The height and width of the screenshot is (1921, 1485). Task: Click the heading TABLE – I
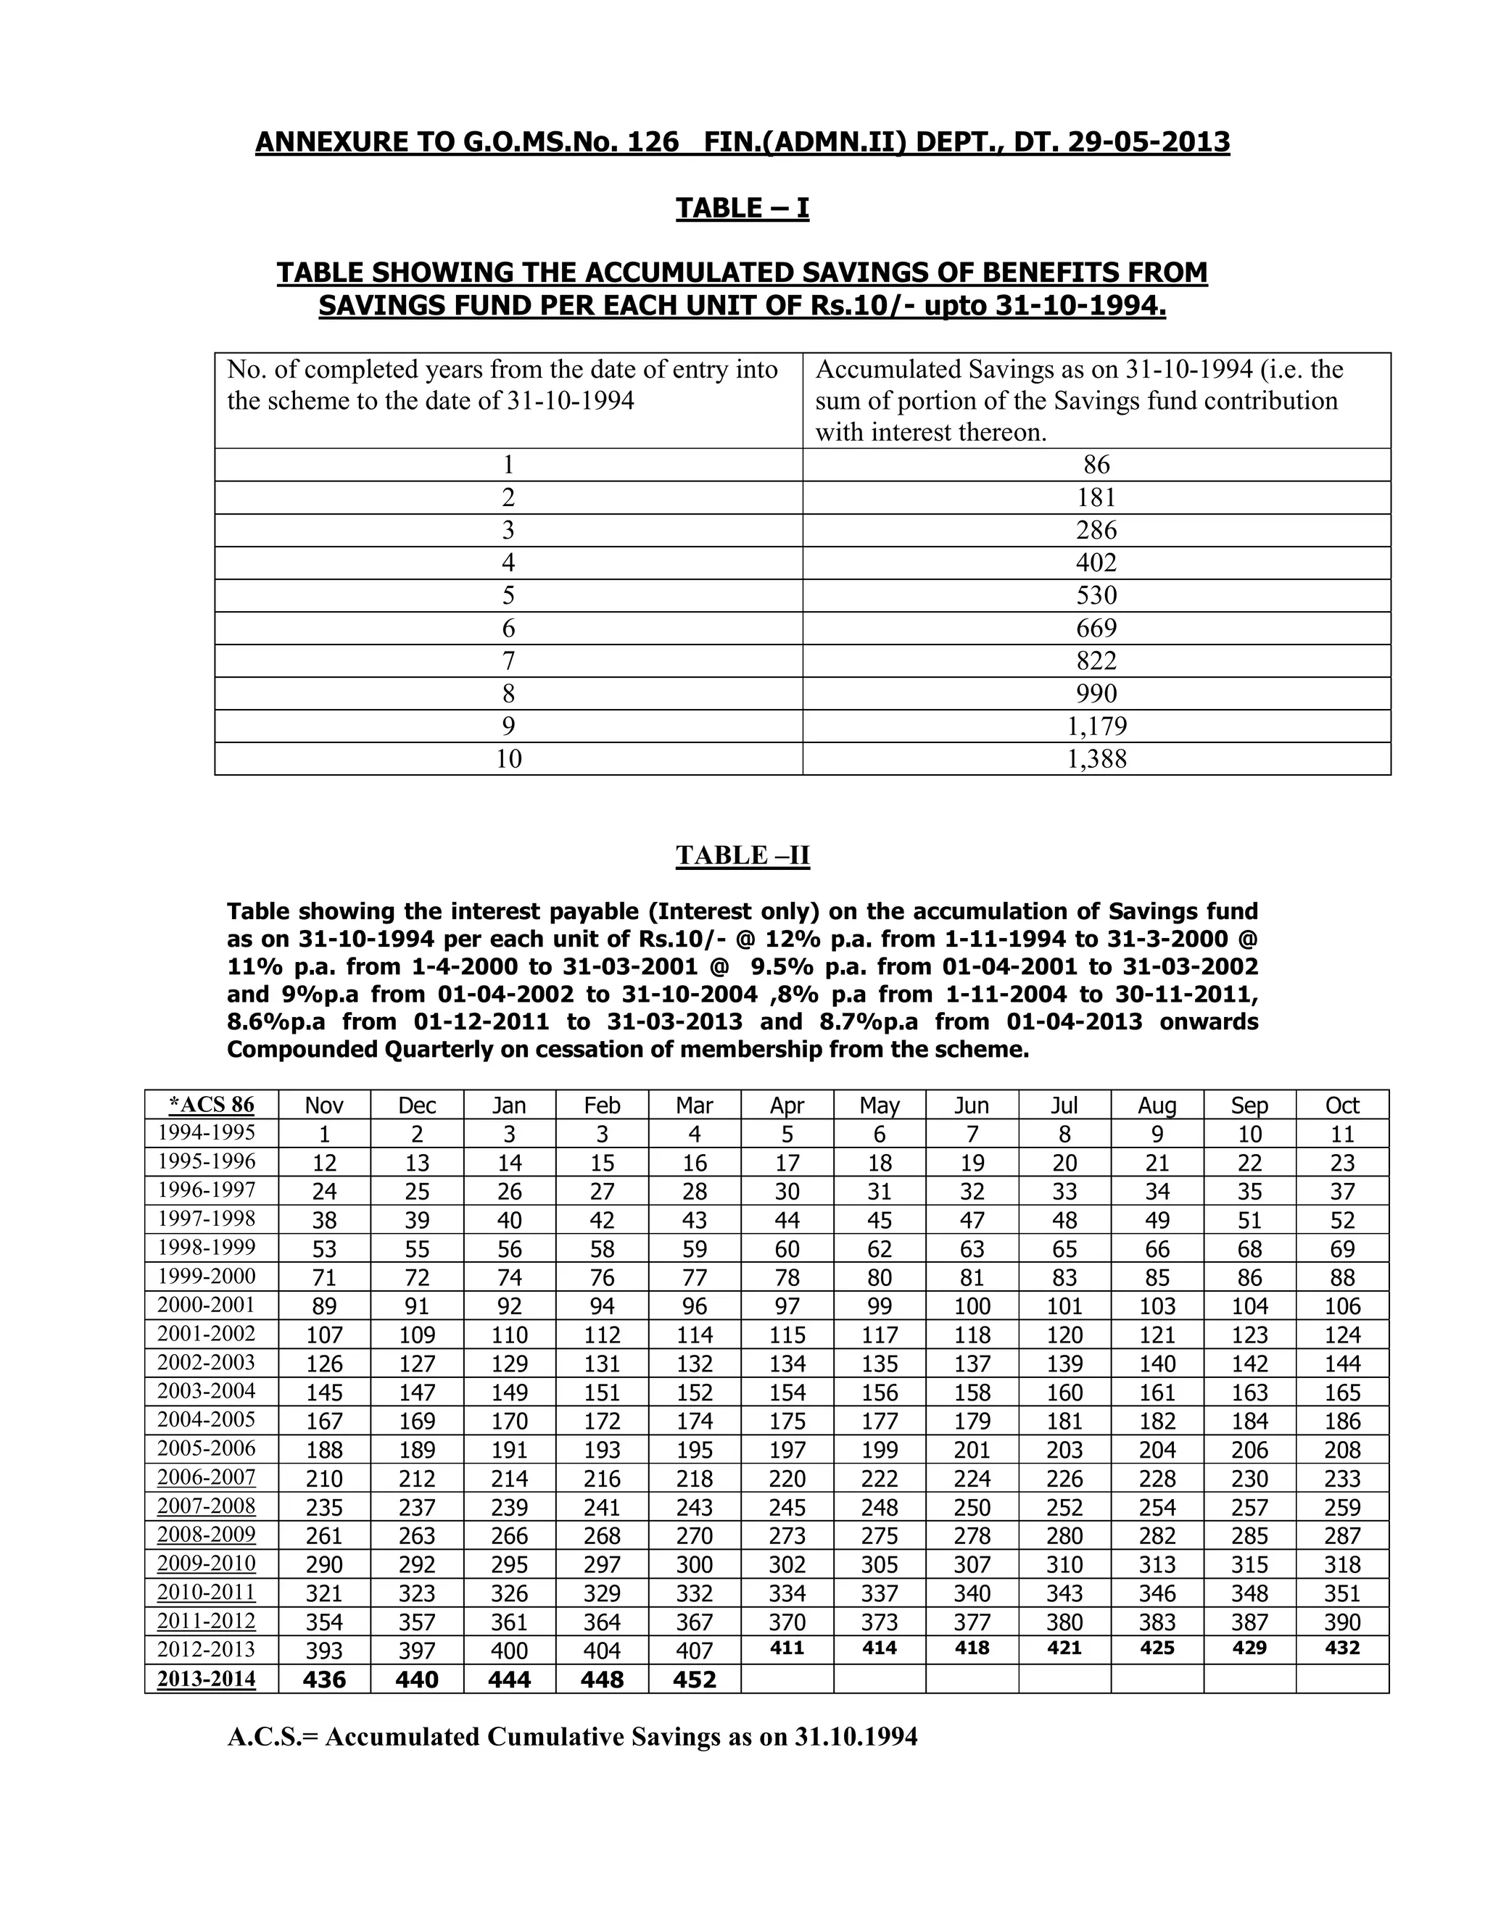pyautogui.click(x=742, y=209)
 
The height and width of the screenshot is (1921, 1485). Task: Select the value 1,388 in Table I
pyautogui.click(x=1096, y=759)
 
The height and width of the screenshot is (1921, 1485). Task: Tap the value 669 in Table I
pyautogui.click(x=1096, y=628)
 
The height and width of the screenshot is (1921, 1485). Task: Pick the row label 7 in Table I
pyautogui.click(x=508, y=660)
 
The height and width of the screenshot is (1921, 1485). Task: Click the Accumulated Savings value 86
pyautogui.click(x=1096, y=465)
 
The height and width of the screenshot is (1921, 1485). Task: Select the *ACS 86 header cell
pyautogui.click(x=211, y=1105)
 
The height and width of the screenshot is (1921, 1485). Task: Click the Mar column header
pyautogui.click(x=694, y=1105)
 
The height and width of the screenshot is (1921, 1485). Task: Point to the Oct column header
pyautogui.click(x=1341, y=1105)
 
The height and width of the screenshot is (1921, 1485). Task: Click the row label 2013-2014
pyautogui.click(x=206, y=1678)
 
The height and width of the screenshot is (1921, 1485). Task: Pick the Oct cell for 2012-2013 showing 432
pyautogui.click(x=1341, y=1648)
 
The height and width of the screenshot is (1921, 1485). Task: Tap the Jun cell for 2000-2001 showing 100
pyautogui.click(x=971, y=1306)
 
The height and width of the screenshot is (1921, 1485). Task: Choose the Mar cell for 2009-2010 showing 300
pyautogui.click(x=694, y=1565)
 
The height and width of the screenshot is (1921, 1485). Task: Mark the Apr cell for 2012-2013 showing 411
pyautogui.click(x=787, y=1648)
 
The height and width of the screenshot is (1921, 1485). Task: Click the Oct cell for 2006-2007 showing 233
pyautogui.click(x=1341, y=1479)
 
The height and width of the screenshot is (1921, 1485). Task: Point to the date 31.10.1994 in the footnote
pyautogui.click(x=855, y=1737)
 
